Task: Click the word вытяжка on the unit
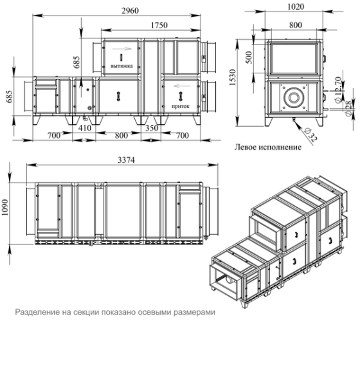(x=122, y=65)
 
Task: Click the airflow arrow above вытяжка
(x=119, y=49)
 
